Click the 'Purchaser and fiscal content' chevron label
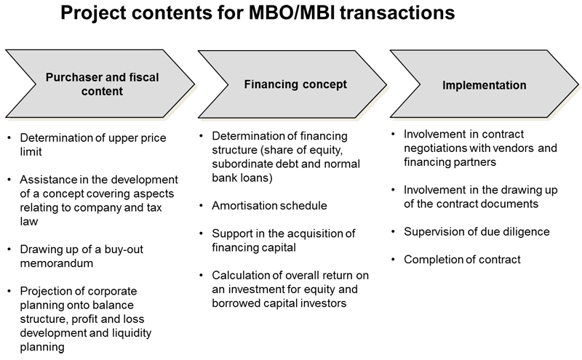point(102,84)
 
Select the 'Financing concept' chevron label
point(295,84)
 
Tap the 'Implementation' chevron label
point(484,85)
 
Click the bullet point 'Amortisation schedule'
point(269,206)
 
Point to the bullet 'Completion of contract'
point(462,260)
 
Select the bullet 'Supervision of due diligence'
point(477,231)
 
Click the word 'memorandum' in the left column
point(57,263)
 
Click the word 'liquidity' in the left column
point(132,333)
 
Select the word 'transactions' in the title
point(397,12)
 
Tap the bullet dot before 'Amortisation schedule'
point(202,205)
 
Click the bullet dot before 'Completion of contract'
point(393,259)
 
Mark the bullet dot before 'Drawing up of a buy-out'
point(9,249)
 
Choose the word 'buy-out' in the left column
point(124,249)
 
